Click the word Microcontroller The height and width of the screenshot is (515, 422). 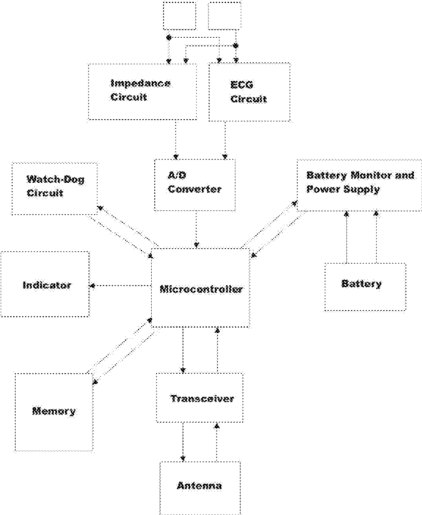(201, 289)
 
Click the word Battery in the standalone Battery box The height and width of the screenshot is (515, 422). (361, 283)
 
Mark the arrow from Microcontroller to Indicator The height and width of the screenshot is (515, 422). (121, 286)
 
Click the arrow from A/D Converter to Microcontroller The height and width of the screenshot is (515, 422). (197, 229)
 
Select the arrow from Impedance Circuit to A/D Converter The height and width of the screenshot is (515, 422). (176, 140)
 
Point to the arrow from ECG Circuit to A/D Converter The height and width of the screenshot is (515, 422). (225, 140)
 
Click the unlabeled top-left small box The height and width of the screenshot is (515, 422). (180, 16)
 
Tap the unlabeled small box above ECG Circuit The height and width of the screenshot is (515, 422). (225, 16)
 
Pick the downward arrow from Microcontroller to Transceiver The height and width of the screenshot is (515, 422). (183, 350)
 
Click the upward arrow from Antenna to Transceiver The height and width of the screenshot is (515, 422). (216, 442)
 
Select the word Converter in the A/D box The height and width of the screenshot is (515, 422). (195, 189)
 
